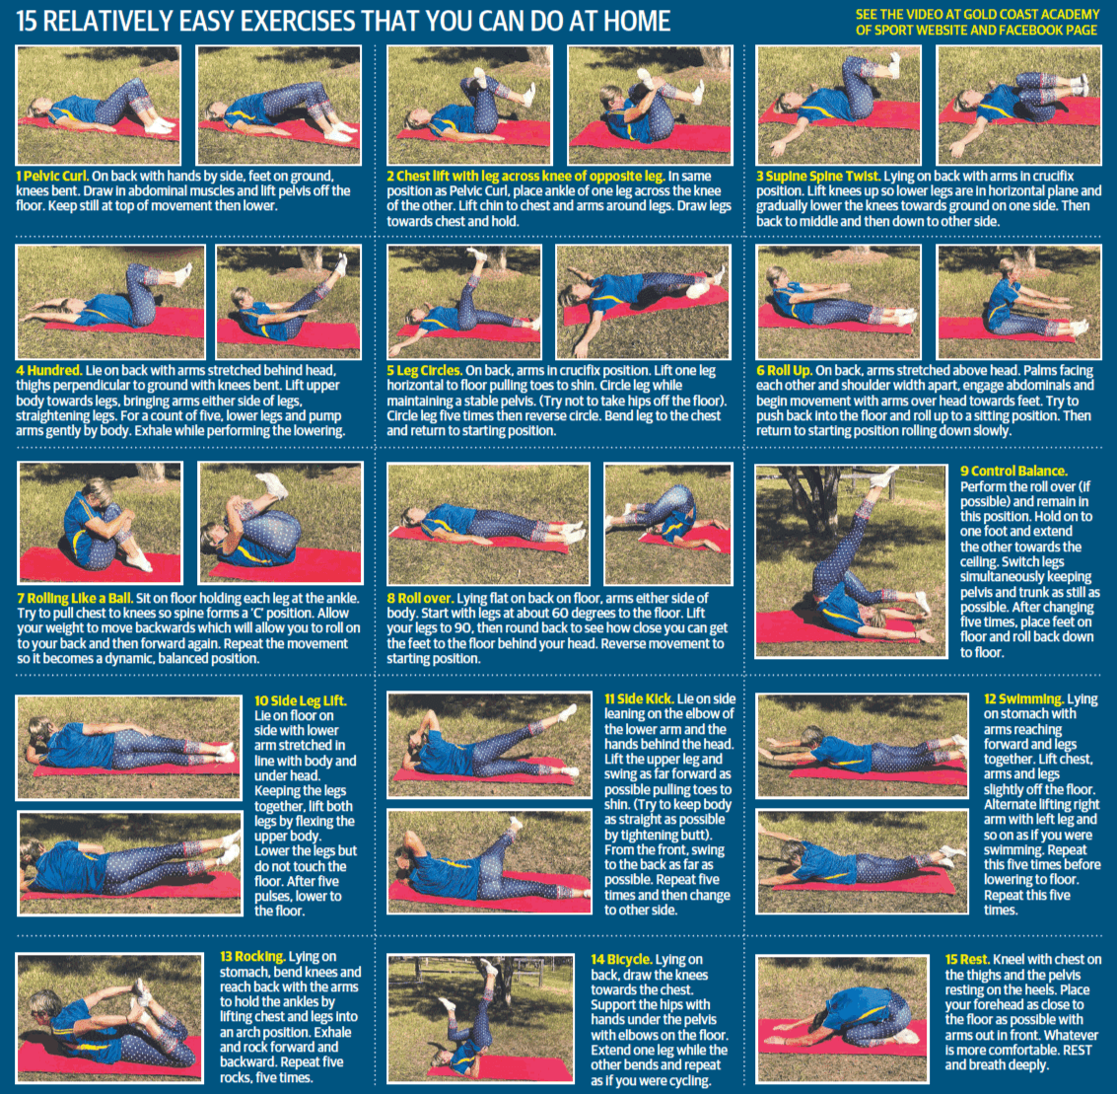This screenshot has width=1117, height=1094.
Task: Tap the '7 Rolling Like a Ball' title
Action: pos(74,599)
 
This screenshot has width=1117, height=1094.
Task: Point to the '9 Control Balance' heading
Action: pos(1013,472)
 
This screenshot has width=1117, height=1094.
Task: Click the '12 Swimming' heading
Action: pos(1023,699)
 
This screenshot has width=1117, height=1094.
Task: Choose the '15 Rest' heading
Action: pos(967,959)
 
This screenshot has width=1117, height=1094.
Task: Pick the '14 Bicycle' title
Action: pos(621,959)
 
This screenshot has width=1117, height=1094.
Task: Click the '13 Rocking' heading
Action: pos(252,957)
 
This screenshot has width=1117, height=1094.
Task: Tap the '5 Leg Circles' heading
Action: pos(425,371)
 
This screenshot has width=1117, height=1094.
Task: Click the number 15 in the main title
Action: pos(27,21)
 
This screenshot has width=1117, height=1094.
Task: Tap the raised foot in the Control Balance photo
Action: pos(885,475)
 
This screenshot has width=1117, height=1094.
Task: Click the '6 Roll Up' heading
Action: pos(784,371)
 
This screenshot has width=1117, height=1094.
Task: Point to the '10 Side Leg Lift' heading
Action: pos(300,700)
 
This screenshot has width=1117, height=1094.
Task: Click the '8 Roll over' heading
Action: pos(420,599)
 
